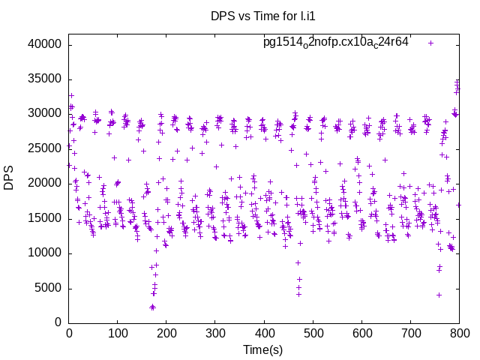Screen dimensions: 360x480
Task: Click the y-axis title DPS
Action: point(9,178)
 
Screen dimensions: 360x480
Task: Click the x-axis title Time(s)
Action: point(263,349)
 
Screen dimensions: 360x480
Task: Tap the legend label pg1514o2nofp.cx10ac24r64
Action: point(335,42)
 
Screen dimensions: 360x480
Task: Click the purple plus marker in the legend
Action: point(430,43)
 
